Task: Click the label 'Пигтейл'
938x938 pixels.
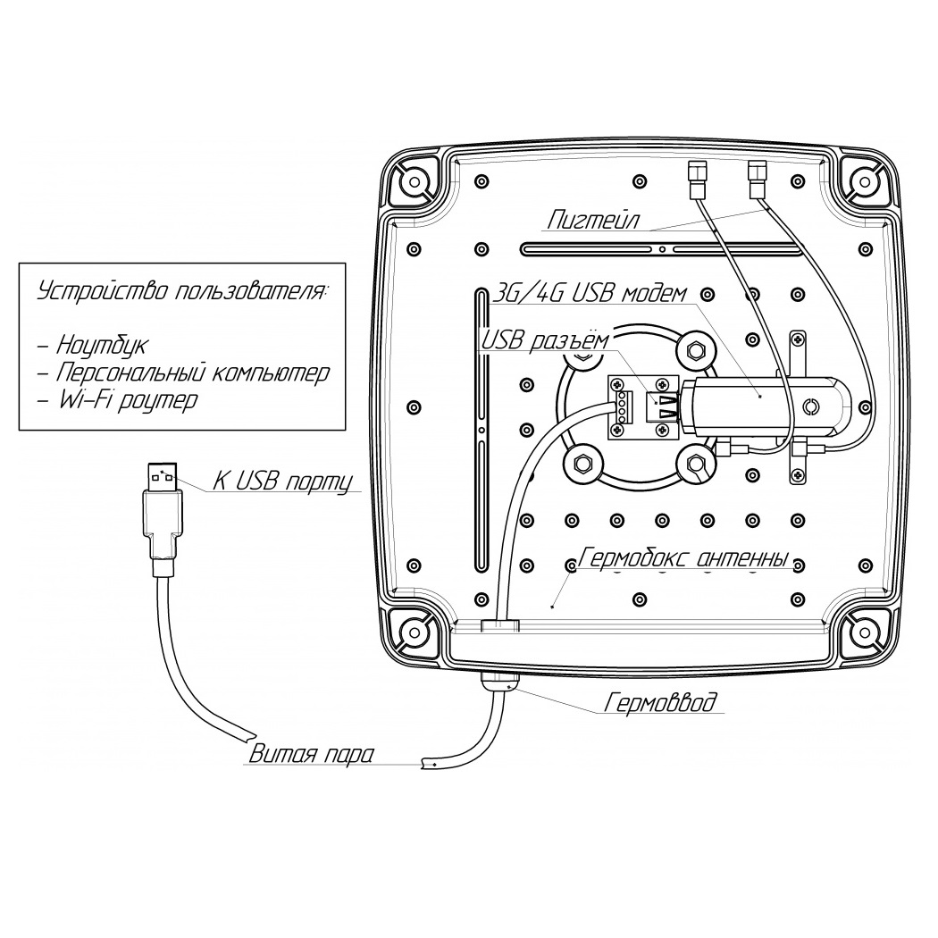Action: click(x=593, y=219)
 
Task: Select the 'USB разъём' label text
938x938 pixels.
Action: click(x=545, y=341)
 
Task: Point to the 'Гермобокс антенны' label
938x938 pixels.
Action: click(x=683, y=558)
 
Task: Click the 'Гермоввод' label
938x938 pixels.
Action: click(x=660, y=701)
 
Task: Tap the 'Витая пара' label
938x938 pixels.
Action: click(x=311, y=754)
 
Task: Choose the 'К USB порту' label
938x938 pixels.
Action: click(x=282, y=482)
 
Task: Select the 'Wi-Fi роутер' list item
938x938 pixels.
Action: click(x=126, y=399)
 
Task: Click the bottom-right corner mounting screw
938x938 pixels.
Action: click(x=863, y=632)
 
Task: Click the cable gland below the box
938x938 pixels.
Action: click(x=500, y=681)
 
